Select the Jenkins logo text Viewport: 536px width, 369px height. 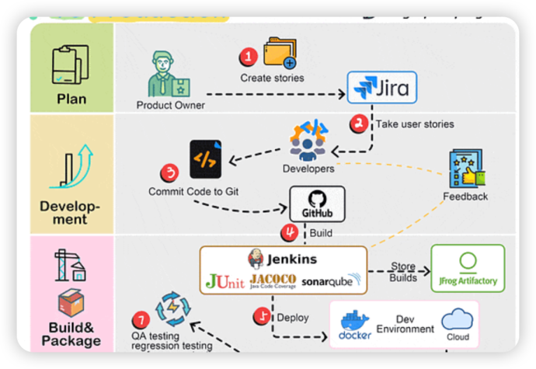pos(284,259)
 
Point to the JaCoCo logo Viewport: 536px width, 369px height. pos(272,280)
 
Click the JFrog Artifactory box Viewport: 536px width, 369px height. pos(468,268)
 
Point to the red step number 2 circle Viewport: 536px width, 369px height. pos(359,123)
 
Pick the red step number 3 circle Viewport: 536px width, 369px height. pos(169,172)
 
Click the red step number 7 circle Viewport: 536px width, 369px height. pos(140,319)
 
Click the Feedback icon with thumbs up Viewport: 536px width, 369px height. pos(467,169)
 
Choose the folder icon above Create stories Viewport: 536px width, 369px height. pos(280,53)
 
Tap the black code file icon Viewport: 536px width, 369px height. pos(206,159)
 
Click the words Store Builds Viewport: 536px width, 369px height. pos(403,272)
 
